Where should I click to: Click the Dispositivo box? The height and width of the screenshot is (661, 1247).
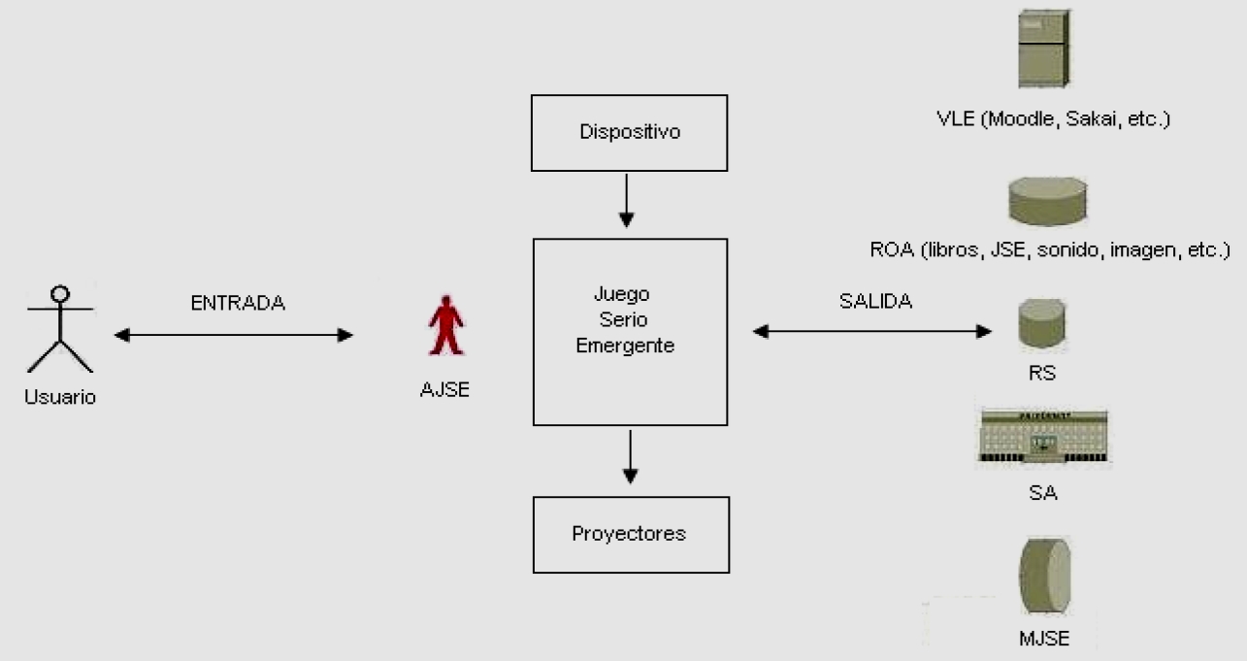(x=630, y=132)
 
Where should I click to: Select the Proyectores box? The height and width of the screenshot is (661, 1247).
(x=630, y=534)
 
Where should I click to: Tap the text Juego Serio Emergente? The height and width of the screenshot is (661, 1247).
(x=625, y=319)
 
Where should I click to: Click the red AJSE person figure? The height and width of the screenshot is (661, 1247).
(x=445, y=325)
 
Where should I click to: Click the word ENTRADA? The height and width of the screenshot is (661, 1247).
(x=238, y=303)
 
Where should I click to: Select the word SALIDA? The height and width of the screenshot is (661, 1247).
(x=875, y=301)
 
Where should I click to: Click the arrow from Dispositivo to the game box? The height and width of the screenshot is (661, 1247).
(x=627, y=201)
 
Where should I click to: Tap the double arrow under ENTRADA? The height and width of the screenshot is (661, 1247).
(x=233, y=335)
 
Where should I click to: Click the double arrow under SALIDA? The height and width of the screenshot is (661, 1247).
(x=871, y=331)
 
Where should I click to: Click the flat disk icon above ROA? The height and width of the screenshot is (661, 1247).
(x=1047, y=201)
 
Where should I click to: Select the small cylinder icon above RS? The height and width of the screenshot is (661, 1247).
(x=1042, y=324)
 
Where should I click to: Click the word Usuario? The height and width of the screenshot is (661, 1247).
(x=60, y=397)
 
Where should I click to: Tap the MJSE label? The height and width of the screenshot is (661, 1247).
(x=1043, y=638)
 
